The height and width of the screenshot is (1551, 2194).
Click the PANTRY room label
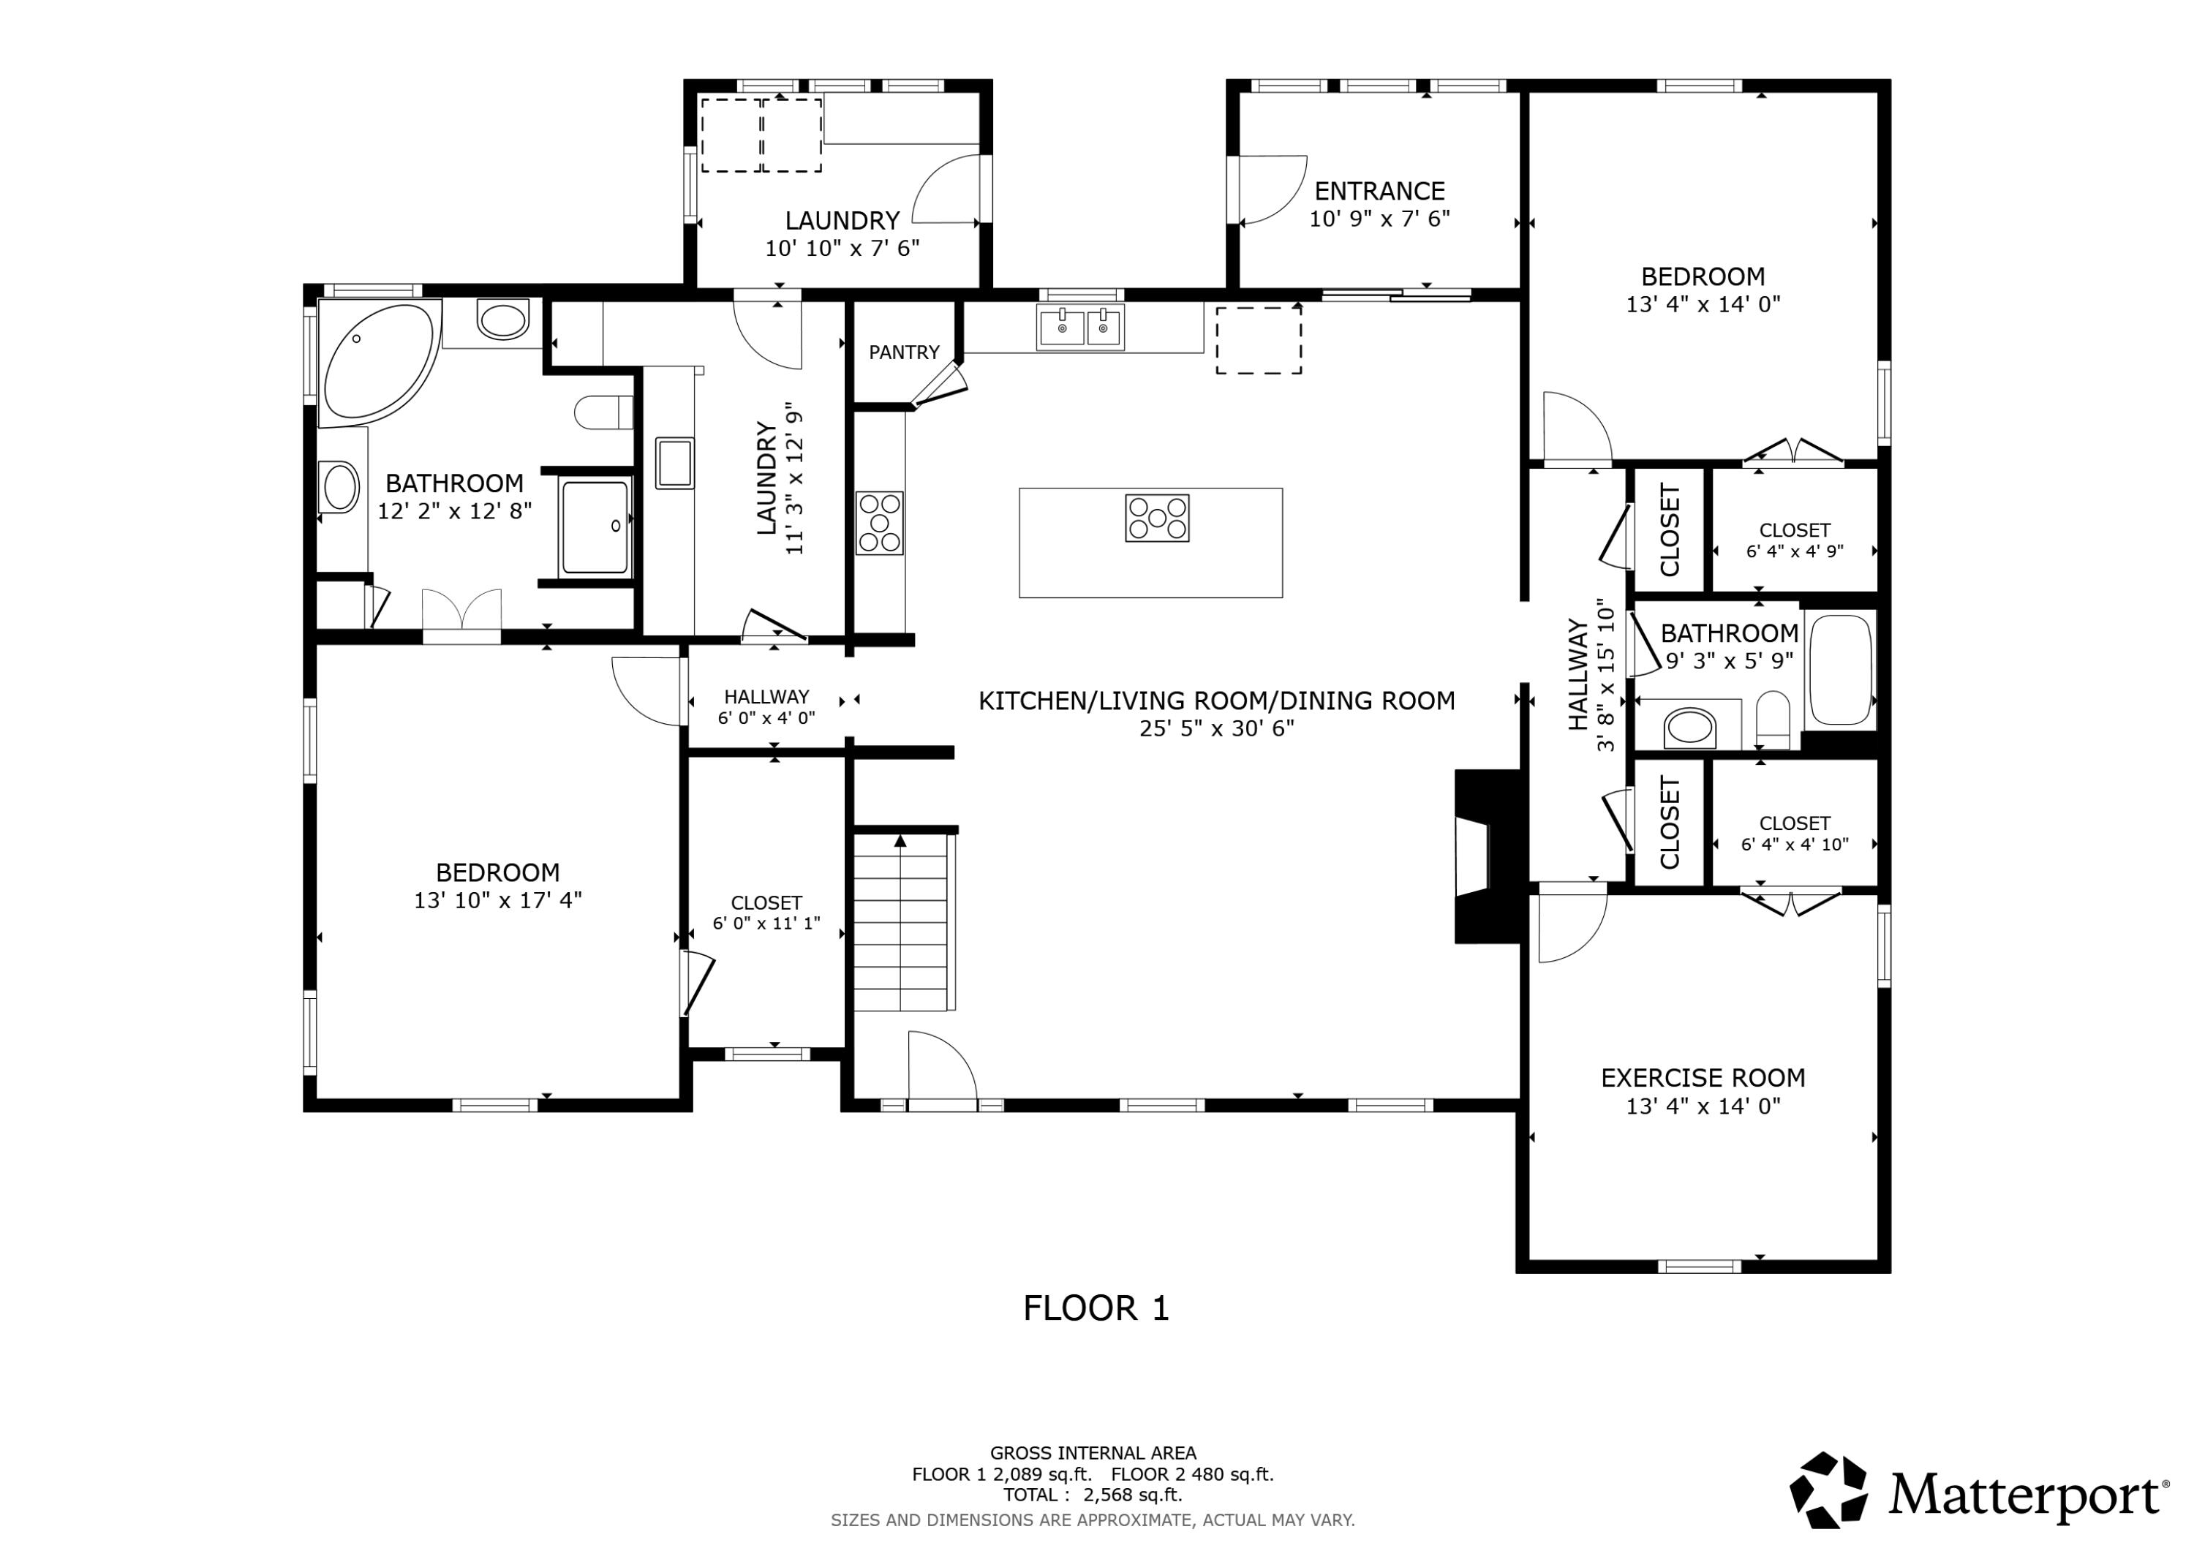pyautogui.click(x=903, y=352)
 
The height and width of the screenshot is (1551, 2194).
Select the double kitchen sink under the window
pyautogui.click(x=1081, y=328)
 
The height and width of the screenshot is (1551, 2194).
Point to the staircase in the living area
pyautogui.click(x=900, y=923)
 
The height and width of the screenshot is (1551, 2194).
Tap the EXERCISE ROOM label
pyautogui.click(x=1703, y=1078)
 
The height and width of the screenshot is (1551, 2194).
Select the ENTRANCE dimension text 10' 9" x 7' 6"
pyautogui.click(x=1379, y=219)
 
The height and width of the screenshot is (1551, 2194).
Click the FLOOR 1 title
pyautogui.click(x=1096, y=1308)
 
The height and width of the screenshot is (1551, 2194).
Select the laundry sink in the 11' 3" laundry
pyautogui.click(x=674, y=464)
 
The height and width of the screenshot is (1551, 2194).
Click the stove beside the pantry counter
pyautogui.click(x=879, y=523)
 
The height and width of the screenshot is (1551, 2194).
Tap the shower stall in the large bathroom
pyautogui.click(x=595, y=527)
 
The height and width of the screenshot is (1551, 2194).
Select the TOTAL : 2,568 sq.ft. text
pyautogui.click(x=1092, y=1495)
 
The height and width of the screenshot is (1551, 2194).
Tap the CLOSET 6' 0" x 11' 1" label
pyautogui.click(x=766, y=913)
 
